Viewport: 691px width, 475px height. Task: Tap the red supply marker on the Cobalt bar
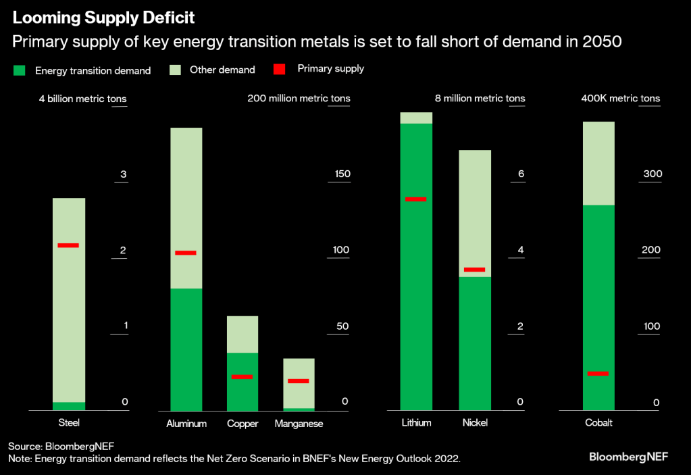[598, 373]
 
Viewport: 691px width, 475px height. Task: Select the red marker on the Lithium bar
[415, 199]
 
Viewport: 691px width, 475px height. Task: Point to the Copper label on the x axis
[242, 424]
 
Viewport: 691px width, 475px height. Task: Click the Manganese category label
[299, 424]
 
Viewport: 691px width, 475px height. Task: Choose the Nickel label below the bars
[475, 423]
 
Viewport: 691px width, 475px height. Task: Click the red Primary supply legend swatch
[279, 69]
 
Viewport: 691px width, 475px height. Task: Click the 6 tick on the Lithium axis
[521, 174]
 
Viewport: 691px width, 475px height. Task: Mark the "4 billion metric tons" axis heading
[82, 99]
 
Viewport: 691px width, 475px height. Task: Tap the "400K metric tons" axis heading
[620, 99]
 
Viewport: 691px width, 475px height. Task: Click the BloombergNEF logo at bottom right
[628, 457]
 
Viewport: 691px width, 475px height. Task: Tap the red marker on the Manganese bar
[298, 381]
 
